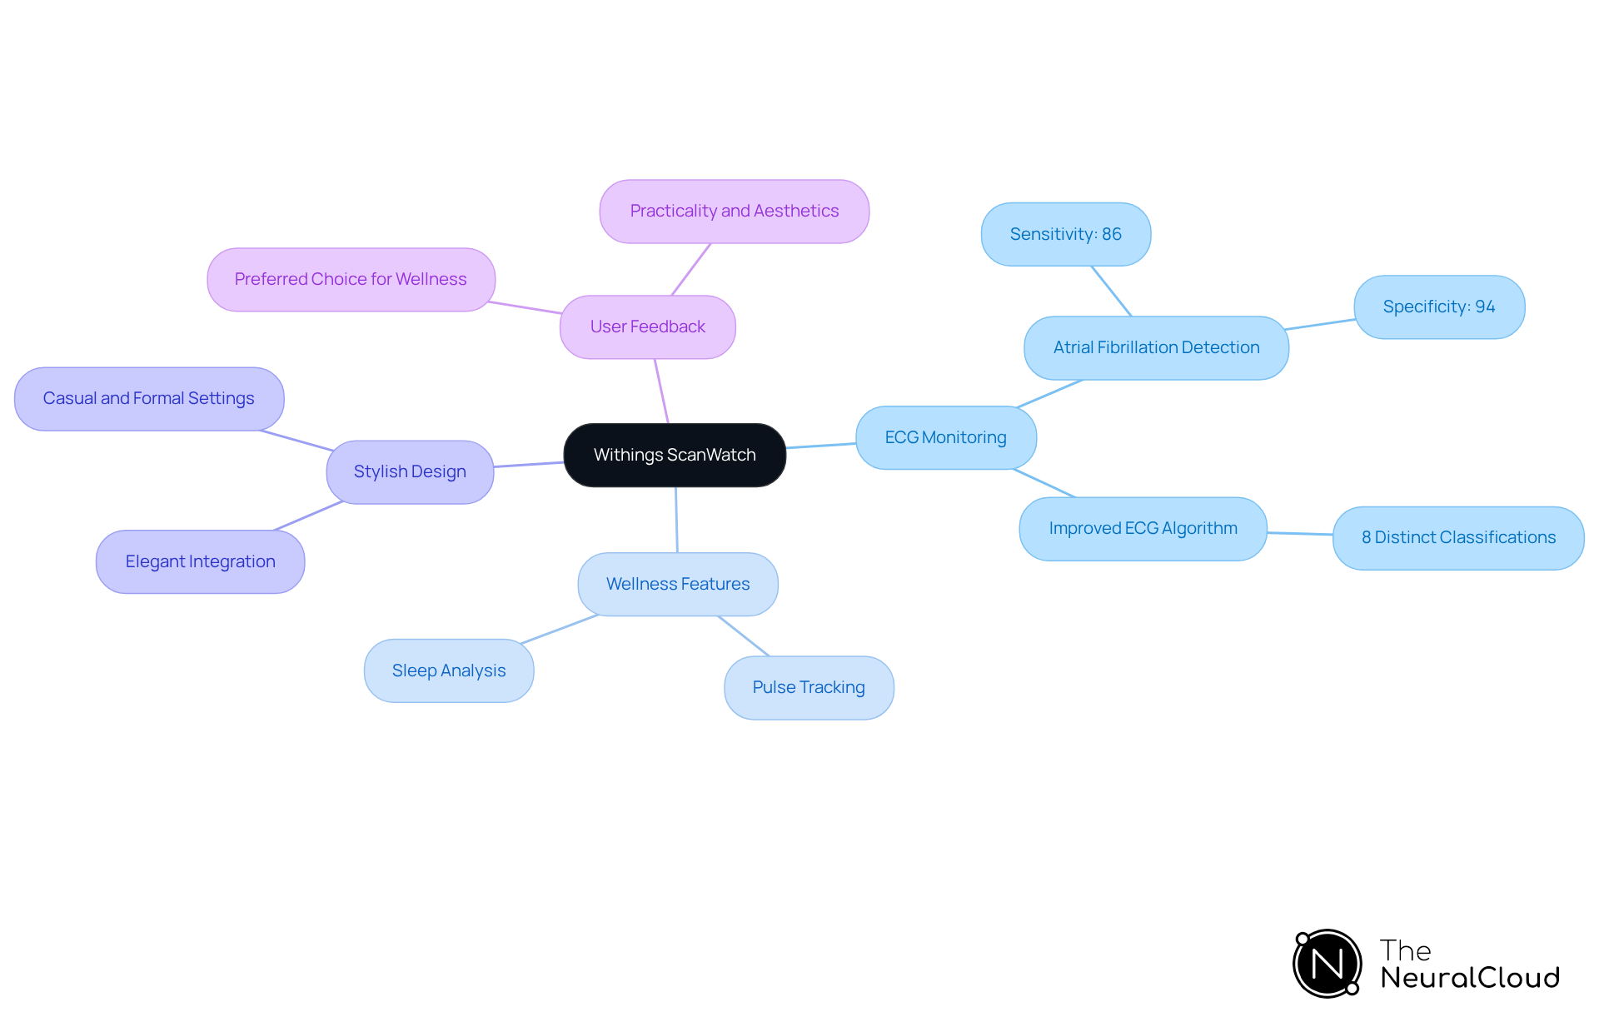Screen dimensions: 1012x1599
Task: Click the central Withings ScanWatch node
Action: click(x=675, y=455)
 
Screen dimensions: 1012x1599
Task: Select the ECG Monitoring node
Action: click(x=945, y=437)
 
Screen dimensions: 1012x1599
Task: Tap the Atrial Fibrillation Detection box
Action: click(x=1156, y=347)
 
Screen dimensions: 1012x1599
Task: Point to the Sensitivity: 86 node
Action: click(x=1065, y=234)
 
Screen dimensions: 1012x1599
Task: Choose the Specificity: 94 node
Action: click(x=1438, y=307)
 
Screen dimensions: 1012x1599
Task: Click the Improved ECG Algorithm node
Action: click(x=1143, y=528)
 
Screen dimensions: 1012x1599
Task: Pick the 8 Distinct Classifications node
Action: click(x=1457, y=537)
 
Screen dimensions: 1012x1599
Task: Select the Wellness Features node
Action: click(x=677, y=584)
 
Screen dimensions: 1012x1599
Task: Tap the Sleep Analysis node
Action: click(x=448, y=671)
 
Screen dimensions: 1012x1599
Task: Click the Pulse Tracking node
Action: click(x=808, y=687)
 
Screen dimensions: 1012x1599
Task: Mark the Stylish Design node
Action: click(x=409, y=471)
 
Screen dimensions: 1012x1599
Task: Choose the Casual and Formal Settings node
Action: click(x=148, y=398)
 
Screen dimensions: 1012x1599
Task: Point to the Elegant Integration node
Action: click(x=200, y=561)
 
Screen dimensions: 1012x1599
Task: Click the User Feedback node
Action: click(x=647, y=327)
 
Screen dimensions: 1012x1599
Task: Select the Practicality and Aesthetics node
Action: click(x=734, y=211)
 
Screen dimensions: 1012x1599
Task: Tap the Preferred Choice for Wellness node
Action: click(x=351, y=279)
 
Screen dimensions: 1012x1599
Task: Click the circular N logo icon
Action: click(x=1327, y=964)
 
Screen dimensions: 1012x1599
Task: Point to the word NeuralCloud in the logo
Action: click(x=1469, y=978)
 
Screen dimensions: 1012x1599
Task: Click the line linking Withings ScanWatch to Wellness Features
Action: click(x=676, y=520)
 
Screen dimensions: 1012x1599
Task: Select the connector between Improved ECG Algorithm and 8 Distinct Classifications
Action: click(x=1300, y=533)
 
